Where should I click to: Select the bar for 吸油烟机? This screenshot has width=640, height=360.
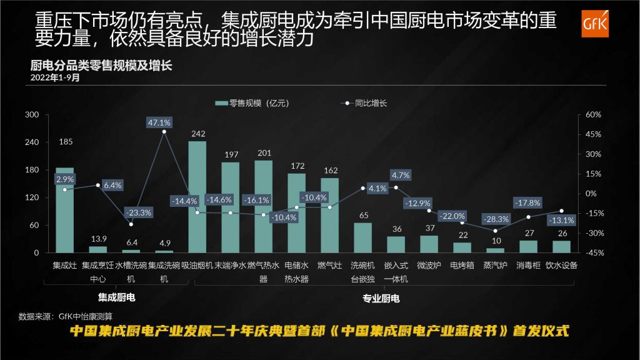coord(197,197)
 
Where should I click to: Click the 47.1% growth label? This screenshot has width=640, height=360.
coord(159,122)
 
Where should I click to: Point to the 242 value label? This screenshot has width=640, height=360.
coord(197,134)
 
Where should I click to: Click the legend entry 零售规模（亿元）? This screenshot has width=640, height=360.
coord(252,104)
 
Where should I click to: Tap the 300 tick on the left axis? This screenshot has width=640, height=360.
coord(32,115)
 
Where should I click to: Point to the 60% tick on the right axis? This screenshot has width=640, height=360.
coord(593,115)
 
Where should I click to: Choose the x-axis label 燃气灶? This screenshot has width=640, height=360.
coord(329,266)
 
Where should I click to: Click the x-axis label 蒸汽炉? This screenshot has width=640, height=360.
coord(495,266)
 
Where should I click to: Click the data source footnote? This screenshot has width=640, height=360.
coord(66,315)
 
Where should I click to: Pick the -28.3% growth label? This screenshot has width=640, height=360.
coord(497,219)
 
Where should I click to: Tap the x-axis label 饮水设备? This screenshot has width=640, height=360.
coord(561,266)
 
